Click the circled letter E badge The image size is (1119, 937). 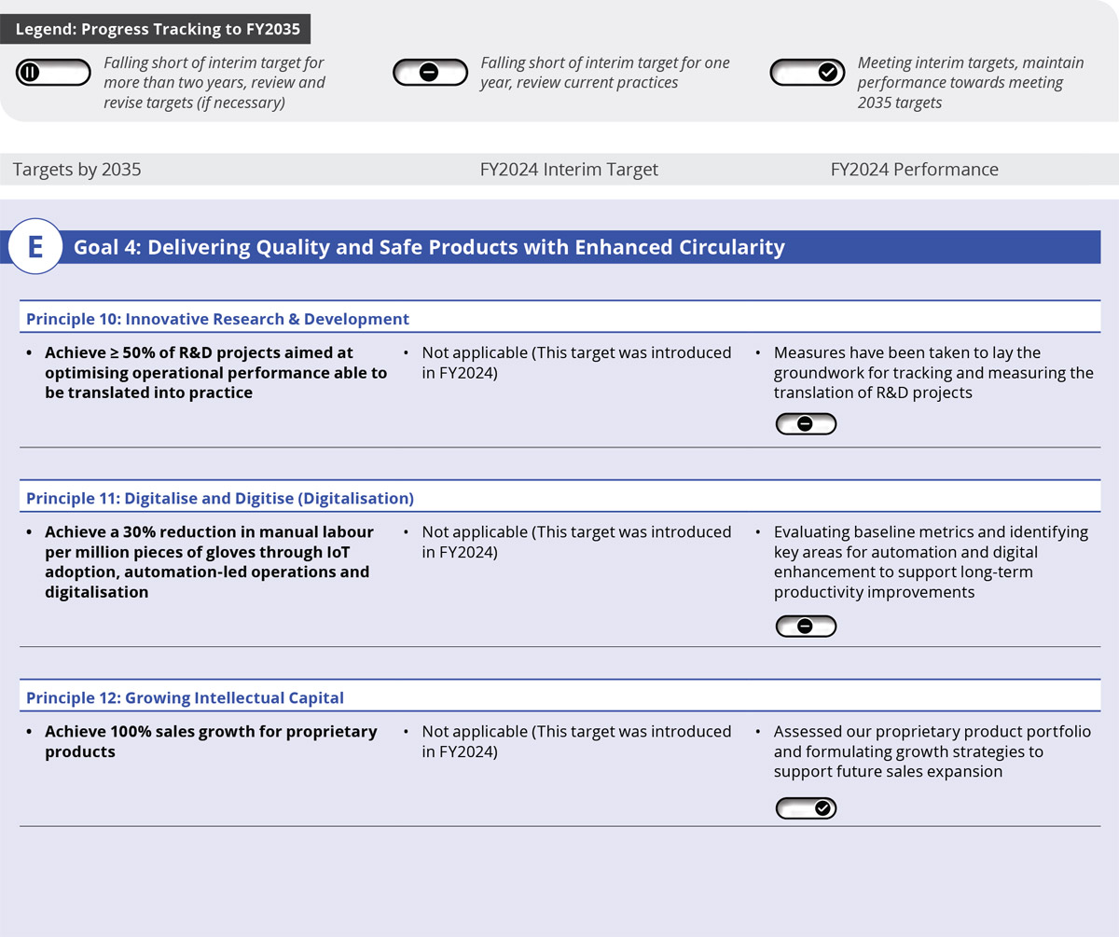click(x=35, y=247)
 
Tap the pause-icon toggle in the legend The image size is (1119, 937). click(x=53, y=72)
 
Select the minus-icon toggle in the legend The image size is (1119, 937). click(x=429, y=72)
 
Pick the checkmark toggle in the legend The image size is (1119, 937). click(x=807, y=72)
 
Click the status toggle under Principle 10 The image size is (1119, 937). click(x=806, y=424)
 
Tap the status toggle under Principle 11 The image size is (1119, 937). click(x=806, y=626)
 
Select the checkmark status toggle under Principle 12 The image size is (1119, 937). click(x=806, y=808)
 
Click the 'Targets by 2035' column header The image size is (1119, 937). click(x=76, y=170)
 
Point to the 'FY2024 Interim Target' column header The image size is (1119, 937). click(x=569, y=170)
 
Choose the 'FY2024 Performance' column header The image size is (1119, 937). click(x=914, y=170)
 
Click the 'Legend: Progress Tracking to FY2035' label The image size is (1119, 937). click(x=157, y=29)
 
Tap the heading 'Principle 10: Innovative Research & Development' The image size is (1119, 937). click(x=217, y=319)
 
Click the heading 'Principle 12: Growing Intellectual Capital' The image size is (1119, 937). click(x=185, y=697)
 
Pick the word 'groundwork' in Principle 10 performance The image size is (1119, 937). click(x=819, y=373)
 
